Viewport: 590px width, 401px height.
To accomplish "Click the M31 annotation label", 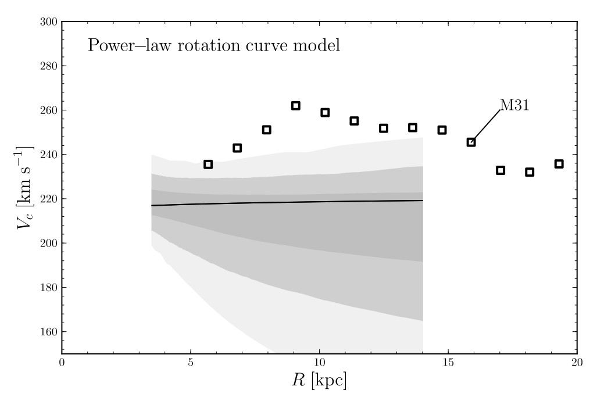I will tap(515, 106).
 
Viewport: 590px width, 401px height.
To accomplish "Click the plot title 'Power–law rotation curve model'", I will tap(213, 45).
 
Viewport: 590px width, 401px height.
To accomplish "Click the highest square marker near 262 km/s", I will tap(295, 106).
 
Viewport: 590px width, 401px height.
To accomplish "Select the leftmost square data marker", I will tap(208, 164).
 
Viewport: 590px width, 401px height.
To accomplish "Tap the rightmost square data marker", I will tap(559, 164).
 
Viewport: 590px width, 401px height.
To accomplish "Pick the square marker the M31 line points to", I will tap(471, 142).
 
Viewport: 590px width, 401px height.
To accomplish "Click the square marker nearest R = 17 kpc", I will tap(500, 170).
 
